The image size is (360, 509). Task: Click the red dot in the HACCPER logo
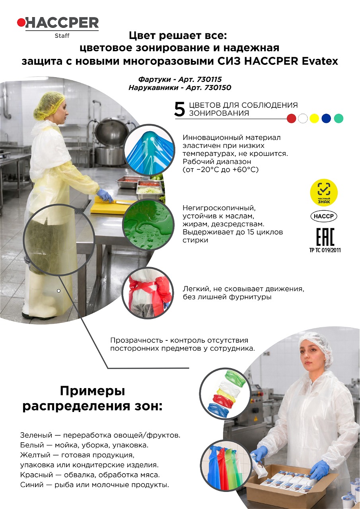click(x=21, y=22)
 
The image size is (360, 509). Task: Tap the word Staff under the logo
click(x=62, y=36)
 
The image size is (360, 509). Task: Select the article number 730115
click(x=209, y=79)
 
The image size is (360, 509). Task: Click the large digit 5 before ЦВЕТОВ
click(x=179, y=109)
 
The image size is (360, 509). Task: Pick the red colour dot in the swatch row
click(x=291, y=119)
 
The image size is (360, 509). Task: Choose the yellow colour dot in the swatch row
click(x=315, y=119)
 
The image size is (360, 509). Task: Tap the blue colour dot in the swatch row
click(x=326, y=119)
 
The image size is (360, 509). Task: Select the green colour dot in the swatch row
click(x=339, y=119)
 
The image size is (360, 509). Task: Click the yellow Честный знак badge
click(x=324, y=192)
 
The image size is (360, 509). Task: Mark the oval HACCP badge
click(x=324, y=216)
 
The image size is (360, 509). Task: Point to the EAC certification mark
click(x=325, y=237)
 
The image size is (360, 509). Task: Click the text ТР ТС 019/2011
click(x=325, y=250)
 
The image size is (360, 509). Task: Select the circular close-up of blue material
click(x=150, y=150)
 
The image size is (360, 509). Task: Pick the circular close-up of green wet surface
click(x=148, y=225)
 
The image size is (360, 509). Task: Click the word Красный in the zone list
click(x=36, y=475)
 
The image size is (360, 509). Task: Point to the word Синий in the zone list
click(x=31, y=485)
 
